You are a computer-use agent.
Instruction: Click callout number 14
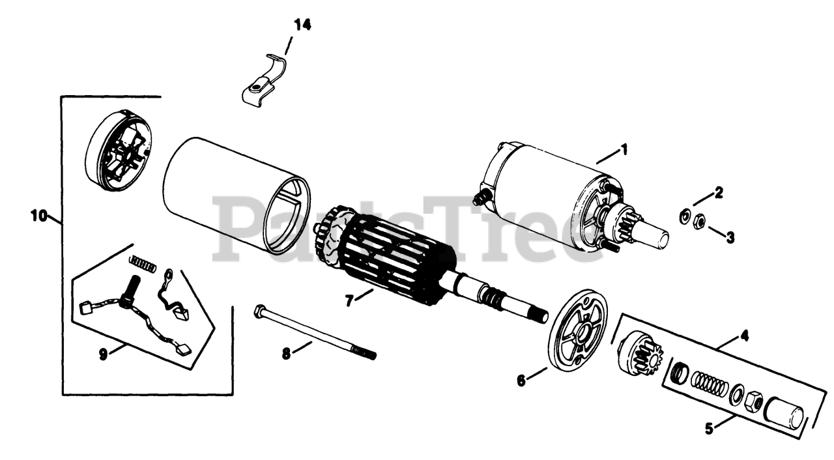302,25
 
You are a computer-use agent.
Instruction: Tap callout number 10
38,216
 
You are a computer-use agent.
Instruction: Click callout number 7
350,300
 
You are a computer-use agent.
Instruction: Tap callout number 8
286,353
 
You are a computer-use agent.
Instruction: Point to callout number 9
103,354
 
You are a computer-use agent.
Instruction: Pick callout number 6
521,381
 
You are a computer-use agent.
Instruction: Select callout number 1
624,150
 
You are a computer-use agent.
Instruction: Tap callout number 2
719,192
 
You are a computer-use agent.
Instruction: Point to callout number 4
744,337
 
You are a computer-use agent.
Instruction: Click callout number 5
710,429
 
